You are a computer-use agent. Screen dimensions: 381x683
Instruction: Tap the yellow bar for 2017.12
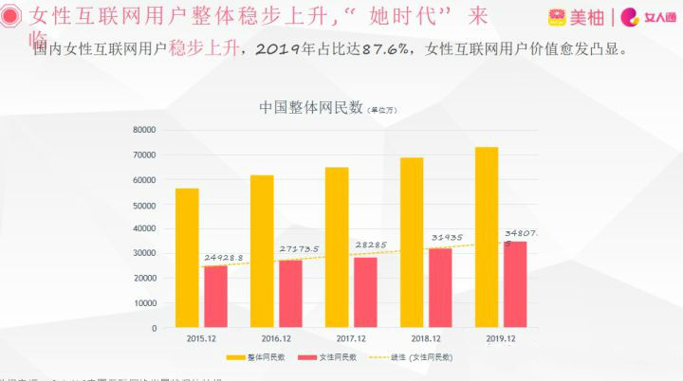point(337,247)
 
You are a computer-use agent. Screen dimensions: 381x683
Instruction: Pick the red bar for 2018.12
point(440,288)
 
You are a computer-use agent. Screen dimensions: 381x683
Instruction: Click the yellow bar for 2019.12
point(486,237)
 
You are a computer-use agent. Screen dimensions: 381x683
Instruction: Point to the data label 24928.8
point(224,258)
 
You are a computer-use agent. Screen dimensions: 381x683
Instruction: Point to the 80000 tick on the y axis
point(144,130)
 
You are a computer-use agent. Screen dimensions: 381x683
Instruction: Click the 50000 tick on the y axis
point(144,204)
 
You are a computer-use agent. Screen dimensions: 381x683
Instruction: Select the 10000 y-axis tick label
point(144,303)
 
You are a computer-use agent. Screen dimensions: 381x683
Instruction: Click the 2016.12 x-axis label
point(275,338)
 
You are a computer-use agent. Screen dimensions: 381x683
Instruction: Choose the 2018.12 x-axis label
point(425,338)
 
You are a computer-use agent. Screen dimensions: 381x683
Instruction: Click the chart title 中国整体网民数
point(311,107)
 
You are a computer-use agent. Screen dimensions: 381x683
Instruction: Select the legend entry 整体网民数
point(257,357)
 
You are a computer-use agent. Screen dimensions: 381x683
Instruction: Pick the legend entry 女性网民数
point(328,357)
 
